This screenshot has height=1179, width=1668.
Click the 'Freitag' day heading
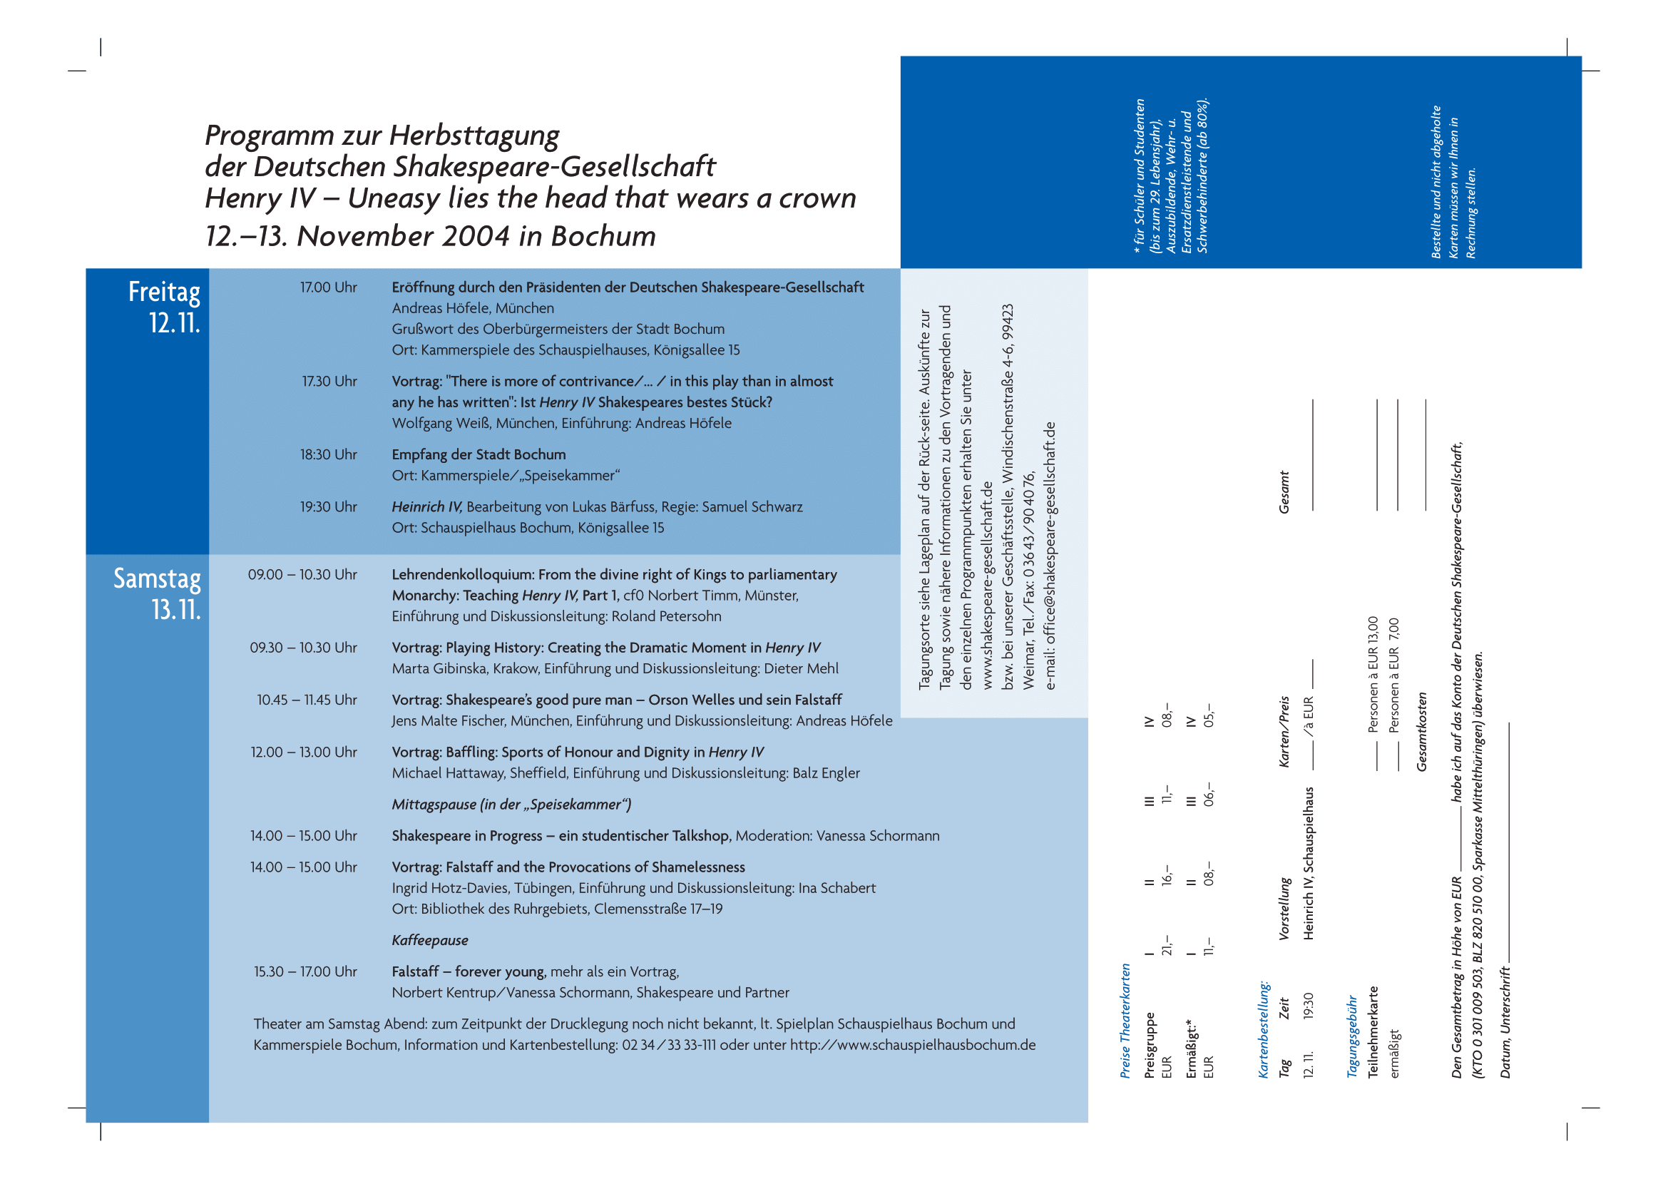164,292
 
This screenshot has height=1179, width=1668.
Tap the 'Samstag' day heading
157,579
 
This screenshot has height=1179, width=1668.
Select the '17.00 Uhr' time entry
328,287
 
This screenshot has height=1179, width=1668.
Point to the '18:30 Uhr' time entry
328,455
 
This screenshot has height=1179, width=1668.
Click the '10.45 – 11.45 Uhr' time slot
307,700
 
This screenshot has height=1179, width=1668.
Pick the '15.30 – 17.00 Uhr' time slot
305,972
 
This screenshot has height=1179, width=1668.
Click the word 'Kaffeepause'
430,941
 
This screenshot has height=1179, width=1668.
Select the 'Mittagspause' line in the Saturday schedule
511,805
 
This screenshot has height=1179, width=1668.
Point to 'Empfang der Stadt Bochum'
479,455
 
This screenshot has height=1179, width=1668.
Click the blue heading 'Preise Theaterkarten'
1125,1021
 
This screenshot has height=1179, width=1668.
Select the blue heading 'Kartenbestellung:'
1264,1030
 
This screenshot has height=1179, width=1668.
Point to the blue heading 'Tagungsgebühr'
1352,1036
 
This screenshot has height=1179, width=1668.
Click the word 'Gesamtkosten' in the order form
1422,732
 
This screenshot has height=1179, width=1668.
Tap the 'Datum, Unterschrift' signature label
1505,1023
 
